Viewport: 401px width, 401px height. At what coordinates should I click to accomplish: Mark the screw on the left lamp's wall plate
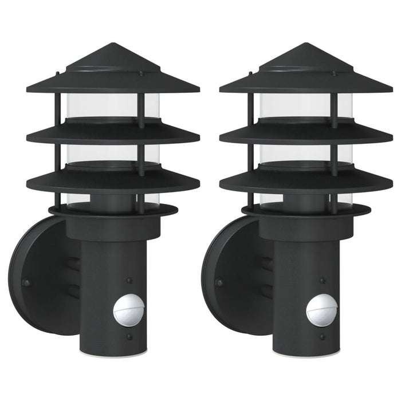(25, 282)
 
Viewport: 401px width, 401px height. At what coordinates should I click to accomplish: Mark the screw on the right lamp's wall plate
(218, 282)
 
